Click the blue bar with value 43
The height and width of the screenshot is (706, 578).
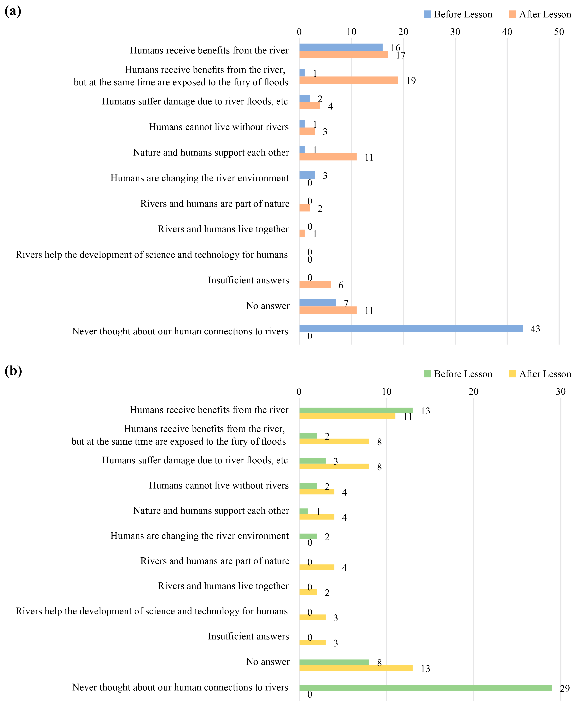411,328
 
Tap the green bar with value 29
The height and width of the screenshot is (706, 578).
425,688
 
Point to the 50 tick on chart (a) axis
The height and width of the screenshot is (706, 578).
559,32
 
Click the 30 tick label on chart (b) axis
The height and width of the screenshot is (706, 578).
561,392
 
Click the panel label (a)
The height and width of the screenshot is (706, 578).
13,11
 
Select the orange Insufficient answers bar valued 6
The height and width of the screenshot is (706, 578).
315,284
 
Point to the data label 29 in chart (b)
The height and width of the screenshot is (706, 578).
565,688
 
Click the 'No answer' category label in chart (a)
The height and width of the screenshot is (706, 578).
268,306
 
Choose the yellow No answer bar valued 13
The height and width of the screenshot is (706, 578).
356,668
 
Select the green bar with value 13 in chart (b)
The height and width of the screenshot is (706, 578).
356,410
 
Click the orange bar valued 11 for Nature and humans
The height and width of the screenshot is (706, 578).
328,157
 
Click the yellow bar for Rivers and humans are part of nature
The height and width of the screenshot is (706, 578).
317,567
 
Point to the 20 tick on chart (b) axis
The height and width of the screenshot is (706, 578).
473,392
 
